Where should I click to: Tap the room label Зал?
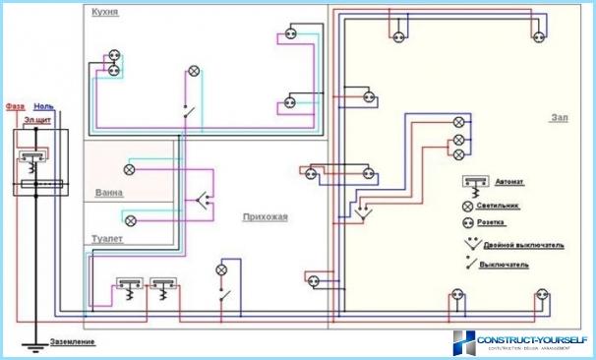pos(559,117)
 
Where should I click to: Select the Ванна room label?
pos(108,192)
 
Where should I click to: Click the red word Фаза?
pos(15,105)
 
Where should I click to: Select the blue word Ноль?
pos(43,105)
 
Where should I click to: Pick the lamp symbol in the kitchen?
pos(194,71)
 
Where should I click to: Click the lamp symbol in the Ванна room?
pos(129,168)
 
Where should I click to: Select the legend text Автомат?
pos(514,183)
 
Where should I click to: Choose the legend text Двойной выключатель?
pos(529,245)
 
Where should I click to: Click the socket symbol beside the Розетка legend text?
pos(468,224)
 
